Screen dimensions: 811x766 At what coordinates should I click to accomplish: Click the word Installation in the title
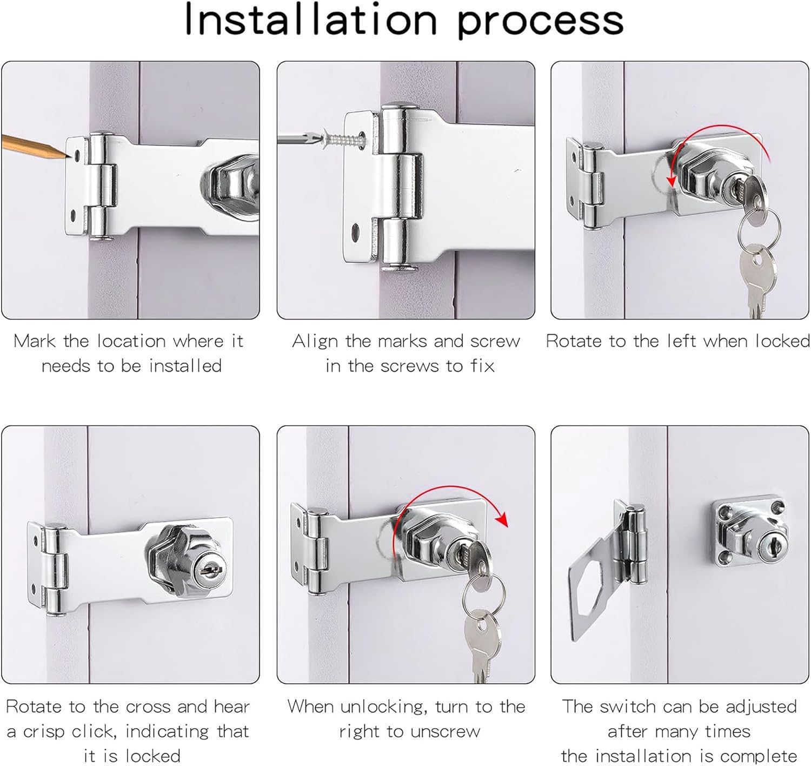(x=311, y=19)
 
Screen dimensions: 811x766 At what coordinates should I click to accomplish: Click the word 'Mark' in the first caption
(x=34, y=341)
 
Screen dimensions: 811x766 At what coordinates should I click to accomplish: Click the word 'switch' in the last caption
(x=625, y=706)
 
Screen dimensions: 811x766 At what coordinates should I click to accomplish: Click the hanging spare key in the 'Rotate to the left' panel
(x=759, y=279)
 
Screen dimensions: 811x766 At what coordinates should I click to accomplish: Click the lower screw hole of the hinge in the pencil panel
(x=74, y=215)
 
